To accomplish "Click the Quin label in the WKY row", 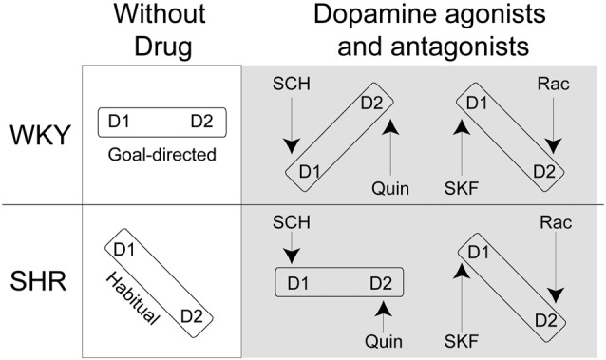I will point(390,188).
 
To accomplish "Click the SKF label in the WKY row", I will point(462,188).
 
